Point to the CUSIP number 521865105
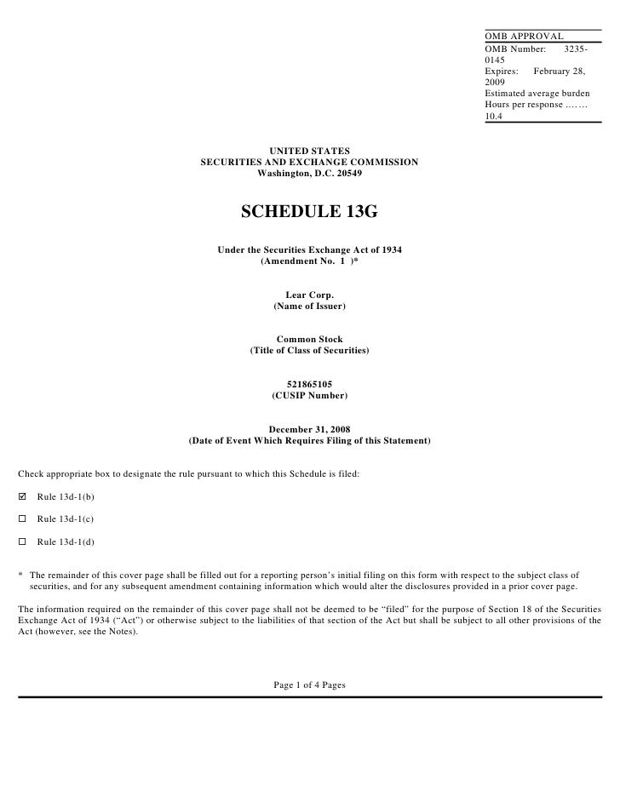click(309, 384)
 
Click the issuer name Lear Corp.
click(309, 295)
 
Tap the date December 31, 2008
click(309, 429)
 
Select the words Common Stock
click(309, 339)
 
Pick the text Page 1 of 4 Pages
click(309, 685)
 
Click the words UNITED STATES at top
click(309, 151)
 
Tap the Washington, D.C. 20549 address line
click(309, 173)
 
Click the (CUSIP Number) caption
click(309, 396)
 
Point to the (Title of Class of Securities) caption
click(309, 351)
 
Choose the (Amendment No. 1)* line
click(309, 261)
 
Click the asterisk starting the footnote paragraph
click(20, 576)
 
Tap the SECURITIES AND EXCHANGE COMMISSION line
click(309, 162)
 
